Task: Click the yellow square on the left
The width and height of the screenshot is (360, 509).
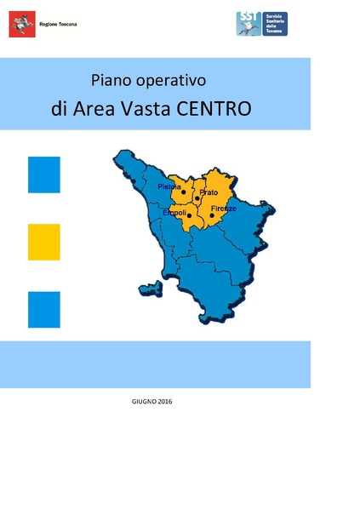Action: tap(44, 242)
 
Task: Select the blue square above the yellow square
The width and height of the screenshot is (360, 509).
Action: tap(44, 174)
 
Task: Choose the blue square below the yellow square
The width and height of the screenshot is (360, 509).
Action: tap(44, 309)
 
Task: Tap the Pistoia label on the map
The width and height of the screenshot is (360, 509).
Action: tap(169, 186)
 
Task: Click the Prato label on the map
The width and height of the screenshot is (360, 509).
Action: tap(209, 193)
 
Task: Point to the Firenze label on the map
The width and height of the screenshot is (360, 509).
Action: tap(224, 209)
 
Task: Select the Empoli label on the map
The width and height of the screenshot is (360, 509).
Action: tap(174, 212)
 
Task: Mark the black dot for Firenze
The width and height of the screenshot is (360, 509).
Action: tap(212, 215)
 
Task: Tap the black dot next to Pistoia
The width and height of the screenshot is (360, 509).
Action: tap(183, 192)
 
